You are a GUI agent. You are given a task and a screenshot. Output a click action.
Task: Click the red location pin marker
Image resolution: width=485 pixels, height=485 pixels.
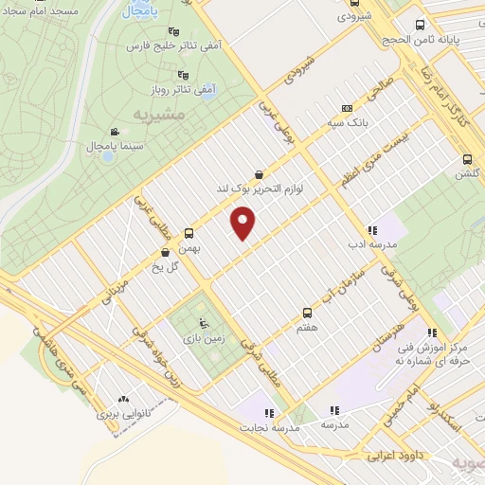(x=244, y=224)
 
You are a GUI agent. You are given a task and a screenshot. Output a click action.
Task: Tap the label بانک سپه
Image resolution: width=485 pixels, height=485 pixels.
(x=370, y=122)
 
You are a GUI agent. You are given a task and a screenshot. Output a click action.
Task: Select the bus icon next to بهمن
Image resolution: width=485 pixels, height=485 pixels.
(x=189, y=231)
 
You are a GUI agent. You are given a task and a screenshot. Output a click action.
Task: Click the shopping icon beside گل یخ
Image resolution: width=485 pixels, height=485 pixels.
(x=166, y=252)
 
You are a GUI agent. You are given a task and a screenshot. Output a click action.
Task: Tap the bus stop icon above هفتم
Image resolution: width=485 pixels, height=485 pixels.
(x=307, y=312)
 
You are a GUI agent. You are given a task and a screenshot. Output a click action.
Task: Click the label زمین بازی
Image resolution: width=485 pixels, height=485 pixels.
(x=201, y=336)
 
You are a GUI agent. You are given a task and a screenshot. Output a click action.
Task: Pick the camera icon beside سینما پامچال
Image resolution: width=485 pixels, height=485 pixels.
(x=115, y=132)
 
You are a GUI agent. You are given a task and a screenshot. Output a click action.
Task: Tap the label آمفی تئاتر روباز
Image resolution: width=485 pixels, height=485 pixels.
(x=186, y=88)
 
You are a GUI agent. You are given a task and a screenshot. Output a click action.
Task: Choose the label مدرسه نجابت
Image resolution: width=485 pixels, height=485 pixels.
(x=272, y=428)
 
